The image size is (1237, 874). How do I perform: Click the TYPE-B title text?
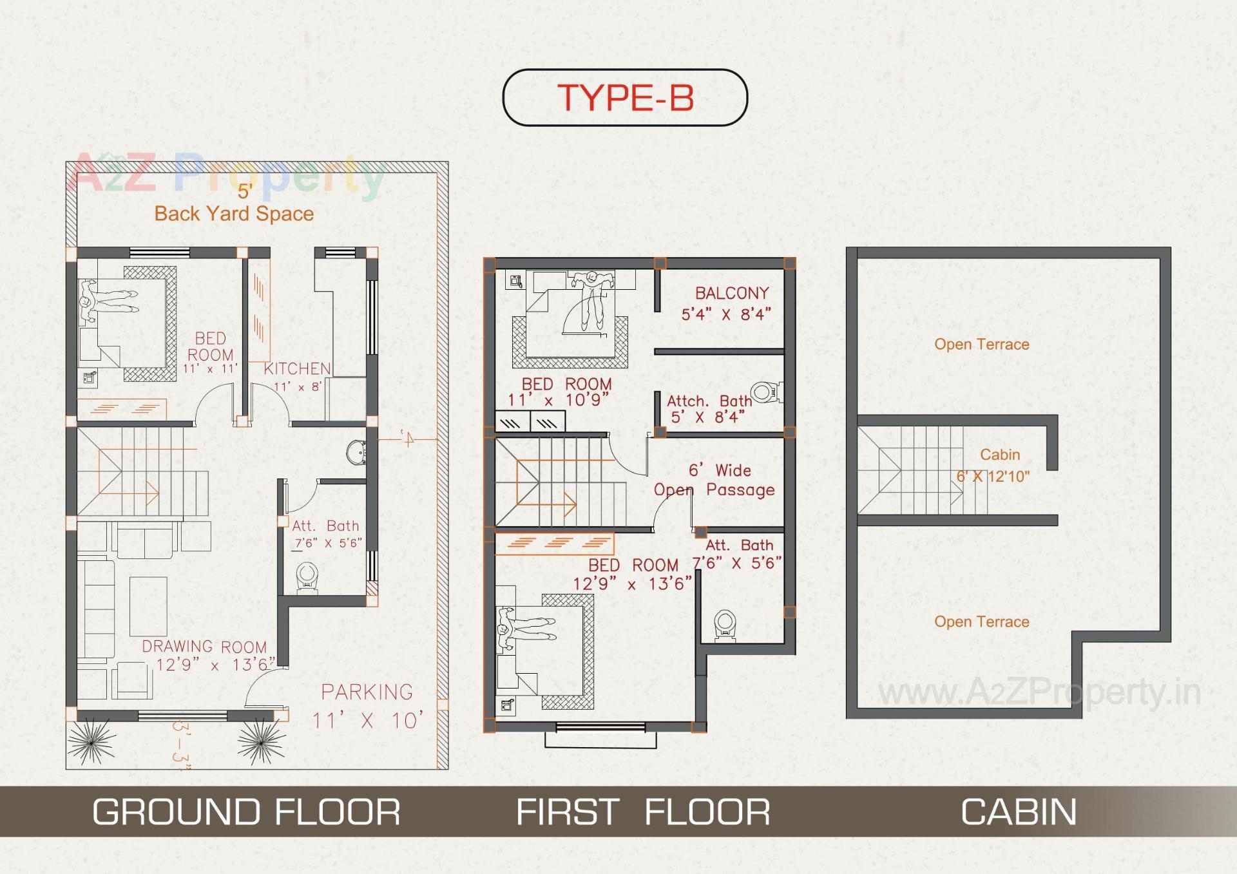[x=625, y=98]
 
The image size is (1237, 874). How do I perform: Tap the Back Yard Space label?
[x=234, y=214]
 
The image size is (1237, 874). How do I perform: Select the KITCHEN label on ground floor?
[x=297, y=369]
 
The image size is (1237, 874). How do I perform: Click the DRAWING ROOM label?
[x=204, y=647]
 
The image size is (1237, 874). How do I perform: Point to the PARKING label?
[x=367, y=692]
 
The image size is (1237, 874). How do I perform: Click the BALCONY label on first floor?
[x=732, y=293]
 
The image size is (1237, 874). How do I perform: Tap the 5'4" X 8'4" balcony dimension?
[x=726, y=315]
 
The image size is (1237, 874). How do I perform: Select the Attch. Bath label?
[x=709, y=401]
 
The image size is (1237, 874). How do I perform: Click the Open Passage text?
[x=714, y=490]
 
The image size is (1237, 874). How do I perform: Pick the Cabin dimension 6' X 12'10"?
[x=993, y=477]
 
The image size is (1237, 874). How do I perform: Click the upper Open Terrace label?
[x=982, y=345]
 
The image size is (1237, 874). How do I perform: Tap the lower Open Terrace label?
[x=982, y=622]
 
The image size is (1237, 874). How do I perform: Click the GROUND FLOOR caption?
[x=246, y=812]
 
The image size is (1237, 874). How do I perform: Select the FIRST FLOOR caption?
[x=643, y=812]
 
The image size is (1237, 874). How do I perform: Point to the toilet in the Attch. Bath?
[x=765, y=392]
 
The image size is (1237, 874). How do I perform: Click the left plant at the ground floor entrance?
[x=91, y=743]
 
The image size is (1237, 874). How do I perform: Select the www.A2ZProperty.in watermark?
[x=1039, y=693]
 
